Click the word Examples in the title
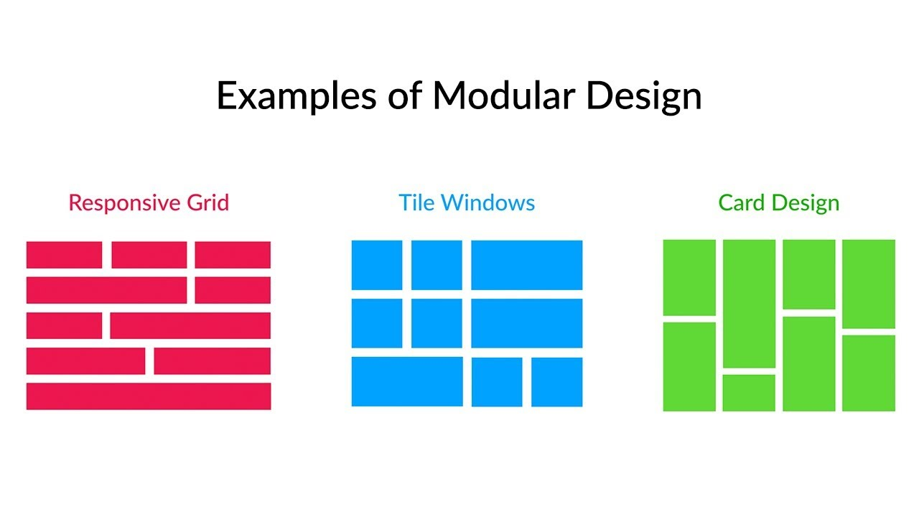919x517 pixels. pyautogui.click(x=297, y=96)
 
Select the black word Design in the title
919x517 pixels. pyautogui.click(x=644, y=97)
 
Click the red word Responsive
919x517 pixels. pyautogui.click(x=124, y=203)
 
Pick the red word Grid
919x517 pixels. pyautogui.click(x=208, y=202)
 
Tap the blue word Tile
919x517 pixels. pyautogui.click(x=416, y=202)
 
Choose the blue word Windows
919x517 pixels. pyautogui.click(x=488, y=202)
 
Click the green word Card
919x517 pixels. pyautogui.click(x=742, y=202)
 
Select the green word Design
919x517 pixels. pyautogui.click(x=806, y=204)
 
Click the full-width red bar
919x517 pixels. pyautogui.click(x=149, y=396)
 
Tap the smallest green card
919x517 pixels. pyautogui.click(x=749, y=393)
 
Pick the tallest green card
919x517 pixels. pyautogui.click(x=749, y=304)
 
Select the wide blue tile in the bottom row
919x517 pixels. pyautogui.click(x=407, y=381)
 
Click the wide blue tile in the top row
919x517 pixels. pyautogui.click(x=526, y=265)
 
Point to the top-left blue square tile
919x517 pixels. pyautogui.click(x=377, y=265)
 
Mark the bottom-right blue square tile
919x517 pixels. pyautogui.click(x=556, y=382)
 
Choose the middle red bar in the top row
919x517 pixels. pyautogui.click(x=149, y=255)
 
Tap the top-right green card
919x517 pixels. pyautogui.click(x=869, y=284)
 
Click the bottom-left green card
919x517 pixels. pyautogui.click(x=689, y=367)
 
